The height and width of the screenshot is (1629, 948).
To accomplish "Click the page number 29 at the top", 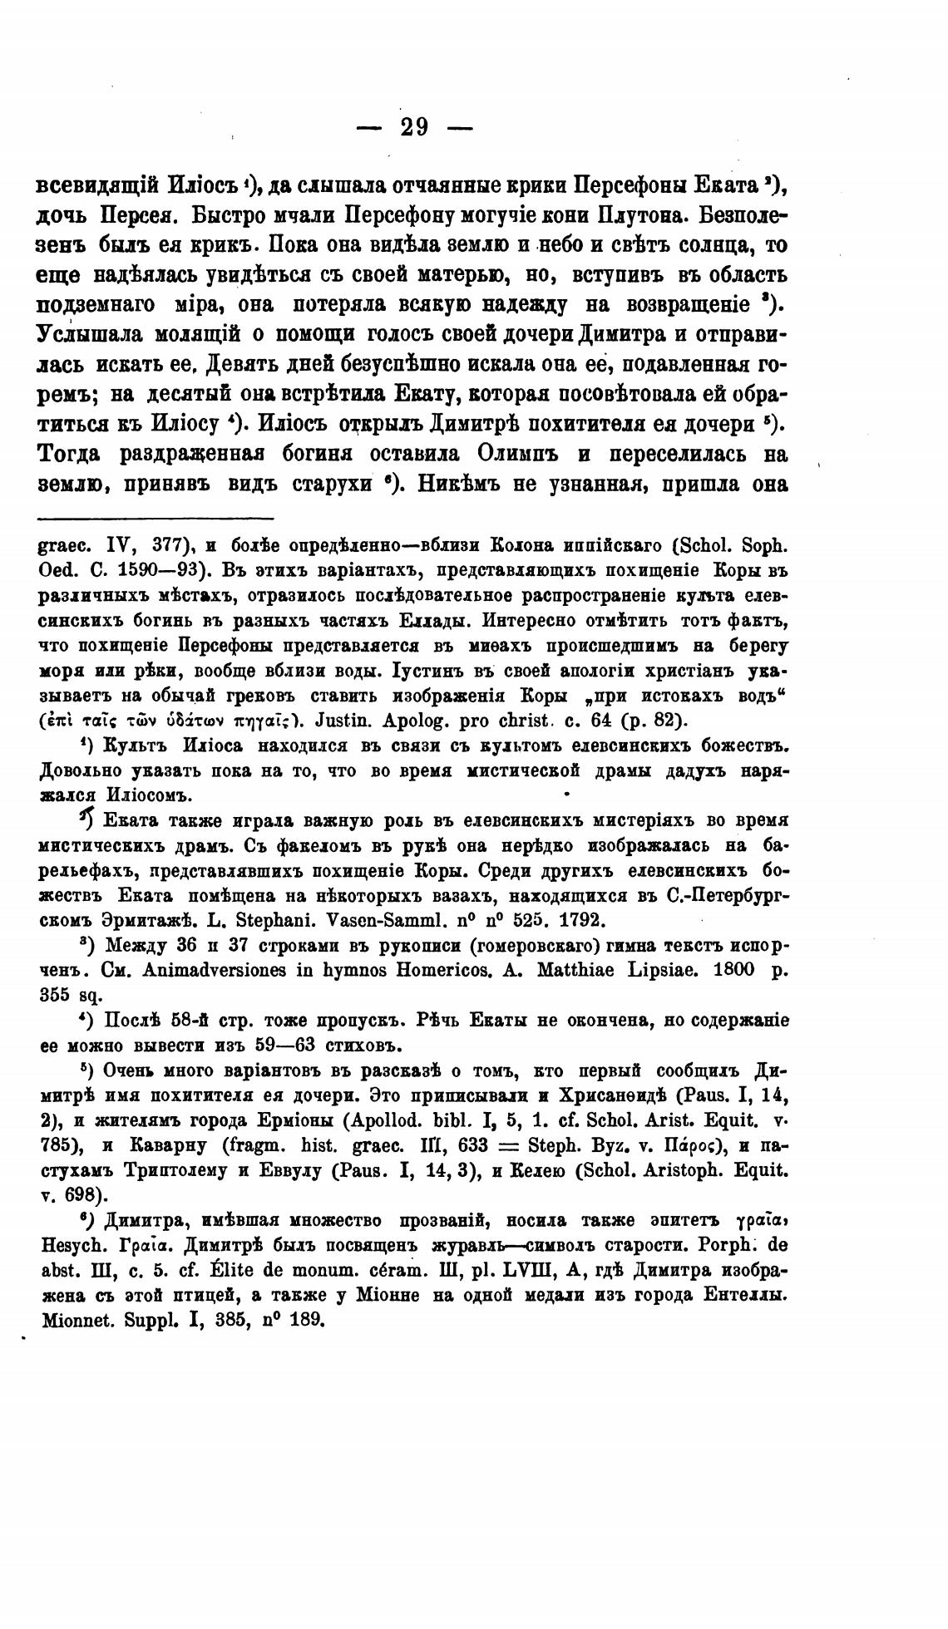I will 414,127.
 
